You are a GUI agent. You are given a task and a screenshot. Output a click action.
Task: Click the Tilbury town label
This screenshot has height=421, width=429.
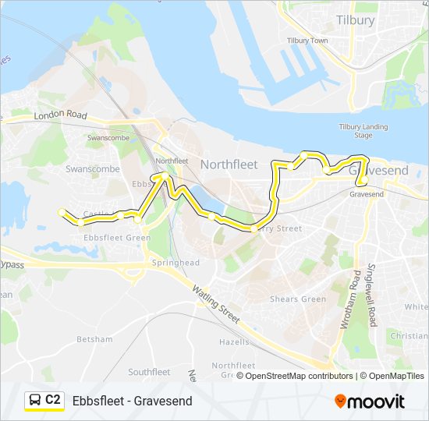pos(355,20)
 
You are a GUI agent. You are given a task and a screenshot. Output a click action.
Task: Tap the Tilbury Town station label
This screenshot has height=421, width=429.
pos(307,41)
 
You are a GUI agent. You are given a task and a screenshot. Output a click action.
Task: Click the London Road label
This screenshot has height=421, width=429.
pos(60,115)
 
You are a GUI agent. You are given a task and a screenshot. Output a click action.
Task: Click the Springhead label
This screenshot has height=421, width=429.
pos(177,263)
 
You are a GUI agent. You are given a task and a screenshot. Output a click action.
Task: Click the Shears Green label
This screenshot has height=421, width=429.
pos(297,299)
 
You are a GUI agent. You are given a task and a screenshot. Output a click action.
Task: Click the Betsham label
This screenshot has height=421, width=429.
pos(94,340)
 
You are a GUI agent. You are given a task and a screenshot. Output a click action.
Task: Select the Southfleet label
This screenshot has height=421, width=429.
pos(149,372)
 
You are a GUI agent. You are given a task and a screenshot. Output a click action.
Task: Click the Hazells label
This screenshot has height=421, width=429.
pos(234,342)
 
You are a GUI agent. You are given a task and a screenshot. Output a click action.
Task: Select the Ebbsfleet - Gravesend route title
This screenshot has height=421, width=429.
pos(132,402)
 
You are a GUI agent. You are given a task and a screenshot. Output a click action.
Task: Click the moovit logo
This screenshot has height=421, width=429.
pos(370,402)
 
